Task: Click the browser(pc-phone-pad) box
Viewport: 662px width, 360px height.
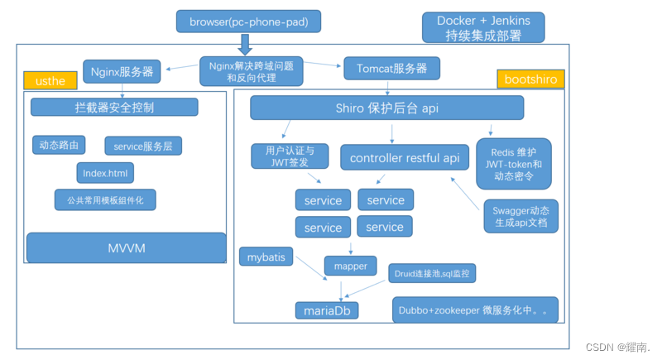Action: [x=237, y=21]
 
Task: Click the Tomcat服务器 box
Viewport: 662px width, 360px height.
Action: [x=391, y=68]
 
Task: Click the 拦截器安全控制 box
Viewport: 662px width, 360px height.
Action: [x=114, y=108]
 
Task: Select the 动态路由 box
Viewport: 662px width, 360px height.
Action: [x=59, y=145]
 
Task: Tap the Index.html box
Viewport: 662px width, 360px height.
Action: [x=105, y=172]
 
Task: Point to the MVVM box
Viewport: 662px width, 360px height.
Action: [x=126, y=248]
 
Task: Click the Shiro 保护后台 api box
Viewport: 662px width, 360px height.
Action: [x=386, y=108]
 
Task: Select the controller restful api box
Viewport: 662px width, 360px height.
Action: [x=405, y=157]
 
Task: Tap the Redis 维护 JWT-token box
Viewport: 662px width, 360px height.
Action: [x=518, y=164]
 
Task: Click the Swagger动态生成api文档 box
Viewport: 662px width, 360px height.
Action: [x=520, y=217]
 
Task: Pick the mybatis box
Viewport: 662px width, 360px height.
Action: [x=266, y=257]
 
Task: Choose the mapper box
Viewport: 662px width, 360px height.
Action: [x=351, y=266]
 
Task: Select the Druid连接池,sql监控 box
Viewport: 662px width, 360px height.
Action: [x=433, y=271]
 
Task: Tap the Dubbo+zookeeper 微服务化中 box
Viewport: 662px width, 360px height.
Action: [x=475, y=310]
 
